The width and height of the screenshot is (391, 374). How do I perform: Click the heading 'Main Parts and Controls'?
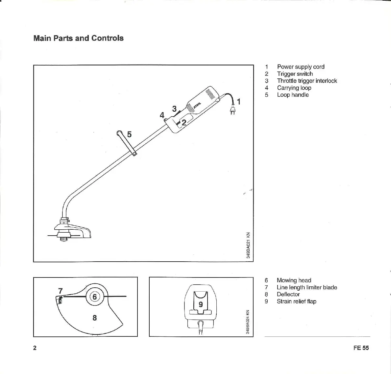click(x=78, y=38)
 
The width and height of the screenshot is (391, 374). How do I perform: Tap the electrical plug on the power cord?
click(x=232, y=111)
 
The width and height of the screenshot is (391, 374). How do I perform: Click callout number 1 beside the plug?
click(x=239, y=102)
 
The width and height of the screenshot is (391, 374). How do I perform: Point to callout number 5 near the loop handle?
click(x=129, y=134)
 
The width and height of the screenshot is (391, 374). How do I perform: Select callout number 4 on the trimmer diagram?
click(x=162, y=115)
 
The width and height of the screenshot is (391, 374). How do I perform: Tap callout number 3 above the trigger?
click(x=174, y=108)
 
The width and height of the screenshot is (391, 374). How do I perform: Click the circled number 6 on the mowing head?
click(x=94, y=297)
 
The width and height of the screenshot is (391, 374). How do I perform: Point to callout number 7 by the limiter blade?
click(x=60, y=291)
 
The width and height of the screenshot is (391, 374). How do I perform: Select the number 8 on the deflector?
click(x=95, y=318)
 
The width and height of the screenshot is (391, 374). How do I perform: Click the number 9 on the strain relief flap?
click(x=201, y=304)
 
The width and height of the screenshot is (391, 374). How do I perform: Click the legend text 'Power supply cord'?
click(x=301, y=67)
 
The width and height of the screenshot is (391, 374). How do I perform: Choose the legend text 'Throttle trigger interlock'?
click(x=307, y=81)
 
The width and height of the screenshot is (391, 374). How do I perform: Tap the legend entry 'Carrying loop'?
click(x=294, y=88)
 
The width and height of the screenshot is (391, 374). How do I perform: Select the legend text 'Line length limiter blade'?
click(x=307, y=287)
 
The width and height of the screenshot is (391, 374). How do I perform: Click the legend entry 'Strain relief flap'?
click(x=296, y=301)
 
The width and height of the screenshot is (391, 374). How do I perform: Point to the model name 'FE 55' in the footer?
click(x=361, y=348)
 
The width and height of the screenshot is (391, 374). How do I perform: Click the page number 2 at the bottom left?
click(x=35, y=348)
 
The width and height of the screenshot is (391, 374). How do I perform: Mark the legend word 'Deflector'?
click(x=288, y=294)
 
